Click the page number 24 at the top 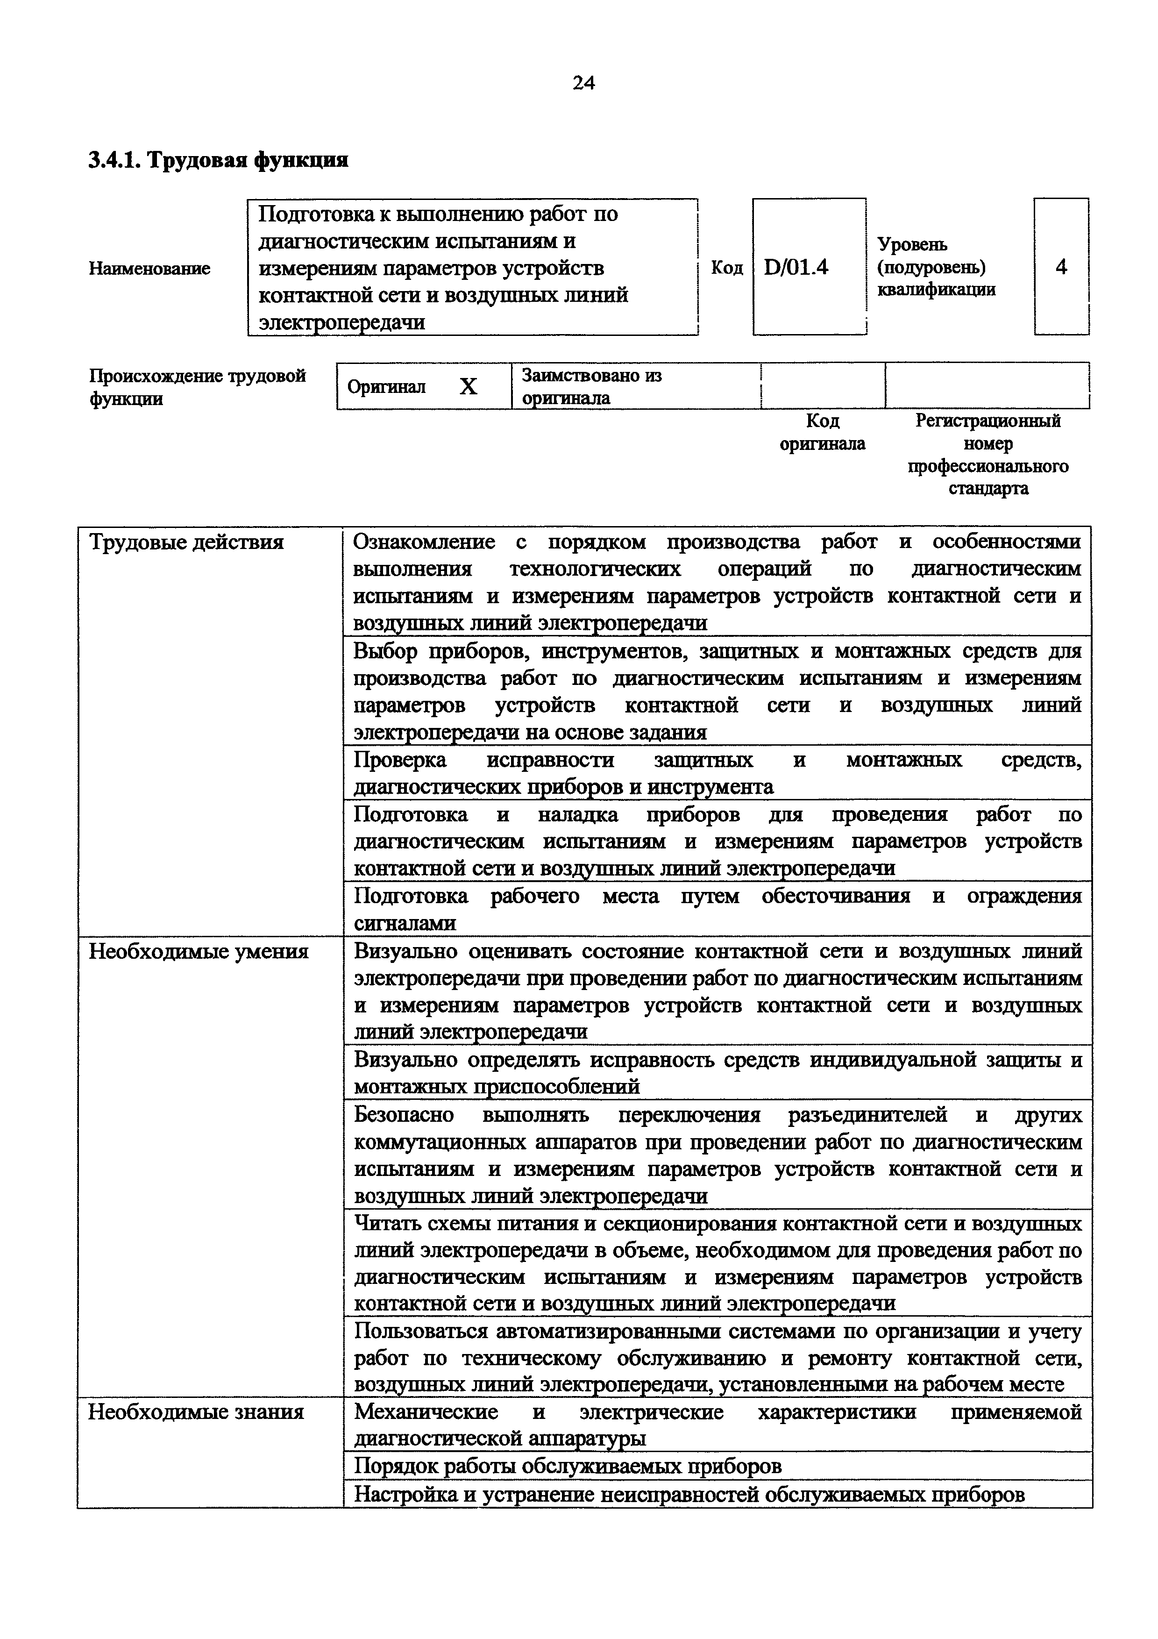(583, 84)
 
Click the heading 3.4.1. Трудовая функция (218, 160)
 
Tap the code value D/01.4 (796, 267)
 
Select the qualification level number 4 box (1061, 267)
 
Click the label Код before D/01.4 (726, 268)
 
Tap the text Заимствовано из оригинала (591, 386)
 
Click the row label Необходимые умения (199, 952)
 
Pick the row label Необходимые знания (196, 1412)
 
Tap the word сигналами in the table (405, 923)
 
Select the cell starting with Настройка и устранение (689, 1494)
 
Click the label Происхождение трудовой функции (197, 386)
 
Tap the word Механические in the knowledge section (426, 1412)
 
